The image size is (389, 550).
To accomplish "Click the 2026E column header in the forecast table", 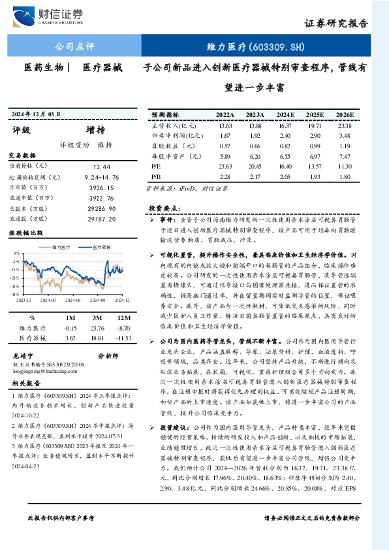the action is coord(345,114).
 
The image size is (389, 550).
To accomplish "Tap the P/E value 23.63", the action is coord(225,166).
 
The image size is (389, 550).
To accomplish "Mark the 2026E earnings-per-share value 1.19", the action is coord(345,146).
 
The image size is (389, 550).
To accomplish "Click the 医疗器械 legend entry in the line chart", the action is coord(98,248).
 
